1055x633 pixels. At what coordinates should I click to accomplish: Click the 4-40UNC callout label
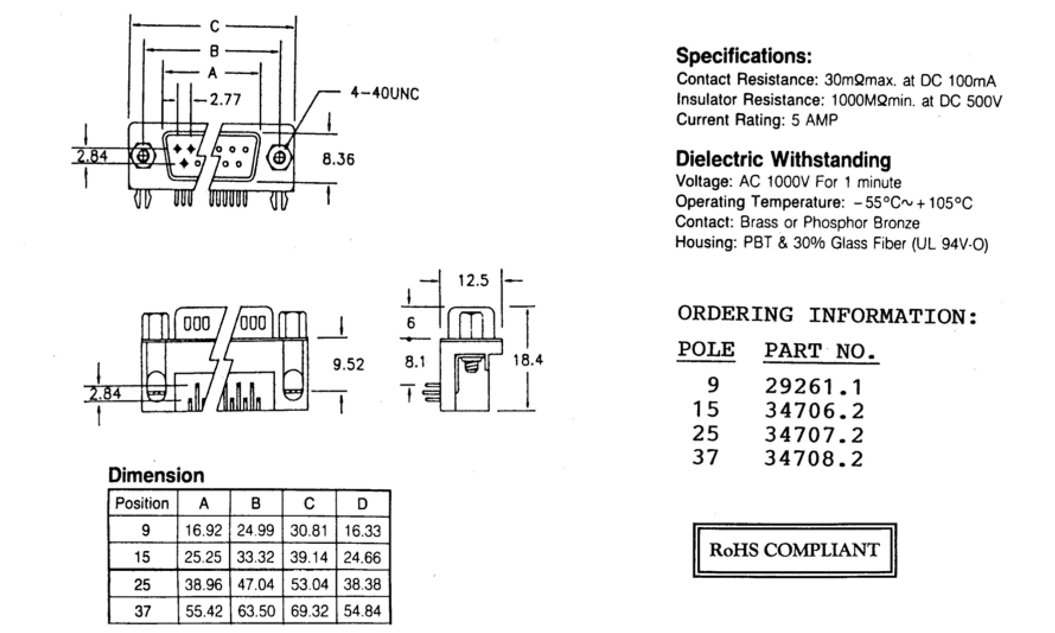(x=385, y=94)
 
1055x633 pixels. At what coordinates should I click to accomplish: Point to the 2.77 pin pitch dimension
(x=225, y=100)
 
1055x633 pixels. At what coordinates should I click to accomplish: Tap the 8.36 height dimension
(x=338, y=159)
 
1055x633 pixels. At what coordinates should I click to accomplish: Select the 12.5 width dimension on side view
(x=473, y=281)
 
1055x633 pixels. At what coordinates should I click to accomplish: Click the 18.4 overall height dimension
(x=527, y=361)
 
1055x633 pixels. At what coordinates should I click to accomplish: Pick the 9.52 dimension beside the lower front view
(x=348, y=365)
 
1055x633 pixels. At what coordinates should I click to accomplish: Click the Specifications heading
(x=744, y=56)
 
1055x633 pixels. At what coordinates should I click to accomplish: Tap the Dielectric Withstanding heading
(x=783, y=160)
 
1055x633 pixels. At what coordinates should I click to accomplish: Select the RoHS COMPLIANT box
(x=794, y=550)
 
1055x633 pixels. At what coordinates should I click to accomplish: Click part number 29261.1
(x=813, y=387)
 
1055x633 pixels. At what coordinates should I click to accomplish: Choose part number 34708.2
(x=813, y=459)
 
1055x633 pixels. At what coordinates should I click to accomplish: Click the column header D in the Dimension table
(x=362, y=504)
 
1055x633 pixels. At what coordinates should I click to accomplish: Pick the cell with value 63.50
(x=256, y=611)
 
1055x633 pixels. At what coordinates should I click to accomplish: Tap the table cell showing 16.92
(x=203, y=531)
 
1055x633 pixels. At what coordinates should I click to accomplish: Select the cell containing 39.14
(x=309, y=557)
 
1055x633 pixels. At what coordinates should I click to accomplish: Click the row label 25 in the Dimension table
(x=142, y=584)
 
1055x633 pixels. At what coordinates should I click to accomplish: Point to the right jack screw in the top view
(x=280, y=158)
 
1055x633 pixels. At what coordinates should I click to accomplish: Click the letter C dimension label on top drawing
(x=214, y=26)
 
